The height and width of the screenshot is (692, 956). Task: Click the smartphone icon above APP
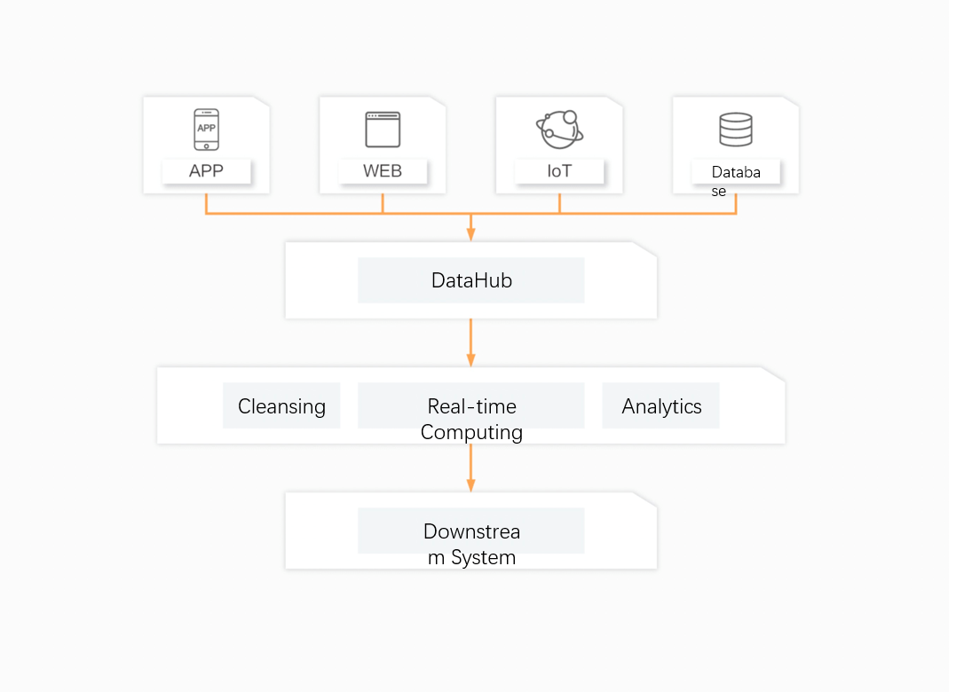206,130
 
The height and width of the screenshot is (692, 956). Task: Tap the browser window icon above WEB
383,130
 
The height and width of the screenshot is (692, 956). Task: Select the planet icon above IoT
559,130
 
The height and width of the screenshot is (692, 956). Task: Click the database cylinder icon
736,130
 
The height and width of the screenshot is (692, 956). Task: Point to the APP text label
206,171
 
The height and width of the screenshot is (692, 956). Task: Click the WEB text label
383,171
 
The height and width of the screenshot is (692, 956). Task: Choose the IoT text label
559,171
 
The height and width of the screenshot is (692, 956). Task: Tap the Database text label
736,180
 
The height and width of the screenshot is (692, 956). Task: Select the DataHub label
471,280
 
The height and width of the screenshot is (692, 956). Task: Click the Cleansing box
281,406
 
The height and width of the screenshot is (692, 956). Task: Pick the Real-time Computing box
471,419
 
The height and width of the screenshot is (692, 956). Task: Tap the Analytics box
661,406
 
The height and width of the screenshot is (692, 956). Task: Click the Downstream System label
471,544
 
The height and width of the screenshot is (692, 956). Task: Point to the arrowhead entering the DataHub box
471,233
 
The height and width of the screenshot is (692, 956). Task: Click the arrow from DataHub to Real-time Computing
471,342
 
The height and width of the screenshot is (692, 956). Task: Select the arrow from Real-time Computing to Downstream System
471,468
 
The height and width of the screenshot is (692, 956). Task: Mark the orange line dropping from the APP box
206,203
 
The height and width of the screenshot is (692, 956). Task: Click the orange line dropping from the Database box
736,203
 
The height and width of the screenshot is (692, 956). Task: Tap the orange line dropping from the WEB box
383,203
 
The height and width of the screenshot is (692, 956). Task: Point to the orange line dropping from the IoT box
559,203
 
